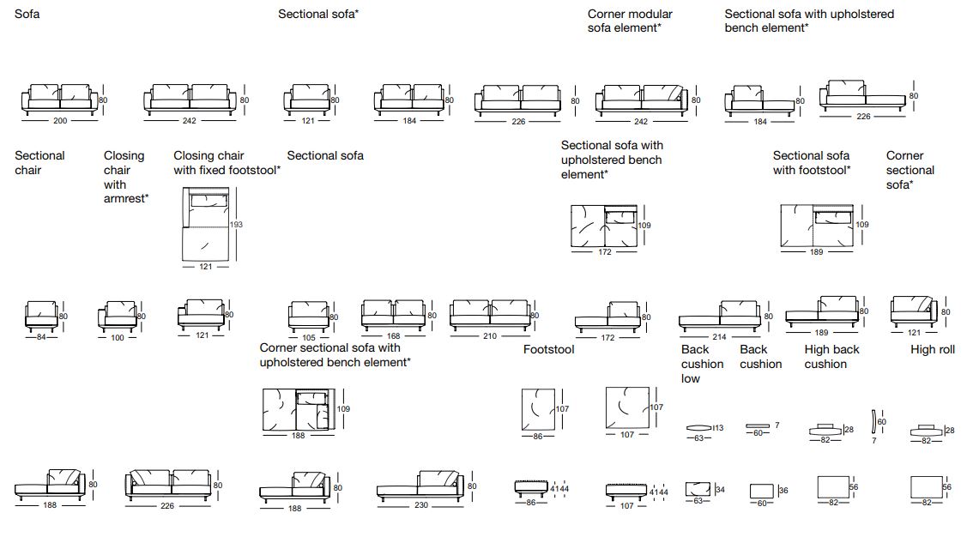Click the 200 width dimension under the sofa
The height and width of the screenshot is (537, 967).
coord(60,121)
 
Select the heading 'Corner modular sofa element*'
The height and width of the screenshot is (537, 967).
coord(630,21)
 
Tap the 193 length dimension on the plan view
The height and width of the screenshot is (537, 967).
coord(237,225)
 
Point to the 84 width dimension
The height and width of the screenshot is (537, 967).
coord(41,337)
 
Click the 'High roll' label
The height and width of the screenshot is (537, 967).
coord(933,350)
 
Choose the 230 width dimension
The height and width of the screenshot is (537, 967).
coord(420,506)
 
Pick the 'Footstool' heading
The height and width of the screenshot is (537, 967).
coord(549,350)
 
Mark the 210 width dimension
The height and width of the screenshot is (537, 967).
coord(489,336)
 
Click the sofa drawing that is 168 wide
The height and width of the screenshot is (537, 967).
coord(393,316)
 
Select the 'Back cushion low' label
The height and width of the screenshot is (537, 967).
coord(702,364)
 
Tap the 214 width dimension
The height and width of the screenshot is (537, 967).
coord(718,337)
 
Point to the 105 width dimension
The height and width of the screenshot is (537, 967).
coord(308,337)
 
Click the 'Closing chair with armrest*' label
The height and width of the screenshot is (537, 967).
coord(125,177)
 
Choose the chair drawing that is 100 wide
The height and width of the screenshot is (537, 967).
coord(117,316)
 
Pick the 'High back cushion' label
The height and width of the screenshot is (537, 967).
coord(831,357)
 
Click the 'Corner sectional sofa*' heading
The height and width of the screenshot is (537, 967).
coord(910,170)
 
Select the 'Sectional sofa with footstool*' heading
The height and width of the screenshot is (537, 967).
coord(812,163)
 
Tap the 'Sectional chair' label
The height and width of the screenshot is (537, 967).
coord(39,163)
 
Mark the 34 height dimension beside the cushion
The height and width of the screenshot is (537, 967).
coord(719,490)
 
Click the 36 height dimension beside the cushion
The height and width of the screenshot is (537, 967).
coord(783,491)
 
